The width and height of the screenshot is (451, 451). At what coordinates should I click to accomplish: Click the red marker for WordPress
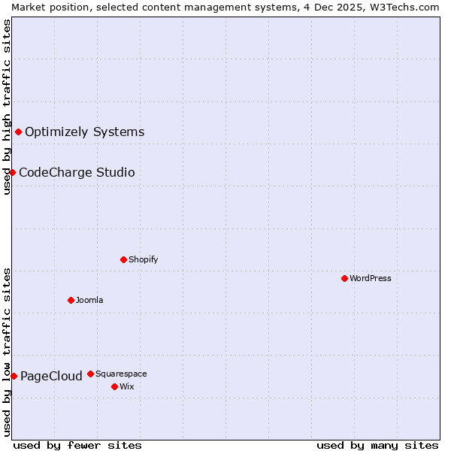click(344, 278)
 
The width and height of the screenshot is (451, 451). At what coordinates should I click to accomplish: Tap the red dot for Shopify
click(123, 259)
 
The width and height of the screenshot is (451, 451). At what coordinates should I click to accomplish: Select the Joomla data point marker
click(71, 300)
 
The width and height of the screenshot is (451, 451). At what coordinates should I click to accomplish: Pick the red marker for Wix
click(114, 386)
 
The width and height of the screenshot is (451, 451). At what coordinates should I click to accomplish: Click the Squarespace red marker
click(90, 374)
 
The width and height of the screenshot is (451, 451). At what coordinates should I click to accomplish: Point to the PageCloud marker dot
click(14, 376)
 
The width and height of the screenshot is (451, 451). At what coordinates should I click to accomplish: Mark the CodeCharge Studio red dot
click(12, 172)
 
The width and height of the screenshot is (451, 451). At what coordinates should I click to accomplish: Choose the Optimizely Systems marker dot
click(18, 132)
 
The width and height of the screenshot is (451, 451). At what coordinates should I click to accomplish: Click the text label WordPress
click(371, 278)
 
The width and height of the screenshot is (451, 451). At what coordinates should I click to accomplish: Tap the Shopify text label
click(143, 259)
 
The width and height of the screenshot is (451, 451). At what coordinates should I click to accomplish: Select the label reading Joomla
click(89, 300)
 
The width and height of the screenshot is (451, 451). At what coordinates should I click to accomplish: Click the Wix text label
click(126, 386)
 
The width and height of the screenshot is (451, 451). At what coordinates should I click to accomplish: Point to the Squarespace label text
click(121, 374)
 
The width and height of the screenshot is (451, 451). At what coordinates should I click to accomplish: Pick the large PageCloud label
click(51, 376)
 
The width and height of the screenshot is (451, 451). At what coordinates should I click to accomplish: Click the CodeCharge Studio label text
click(77, 172)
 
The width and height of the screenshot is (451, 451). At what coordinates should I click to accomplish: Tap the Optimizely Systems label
click(84, 132)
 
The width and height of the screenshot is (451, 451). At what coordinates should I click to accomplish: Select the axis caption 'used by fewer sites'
click(77, 445)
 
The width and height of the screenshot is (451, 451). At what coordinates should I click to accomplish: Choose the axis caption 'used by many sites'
click(377, 445)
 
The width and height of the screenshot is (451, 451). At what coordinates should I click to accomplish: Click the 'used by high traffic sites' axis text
click(7, 107)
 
